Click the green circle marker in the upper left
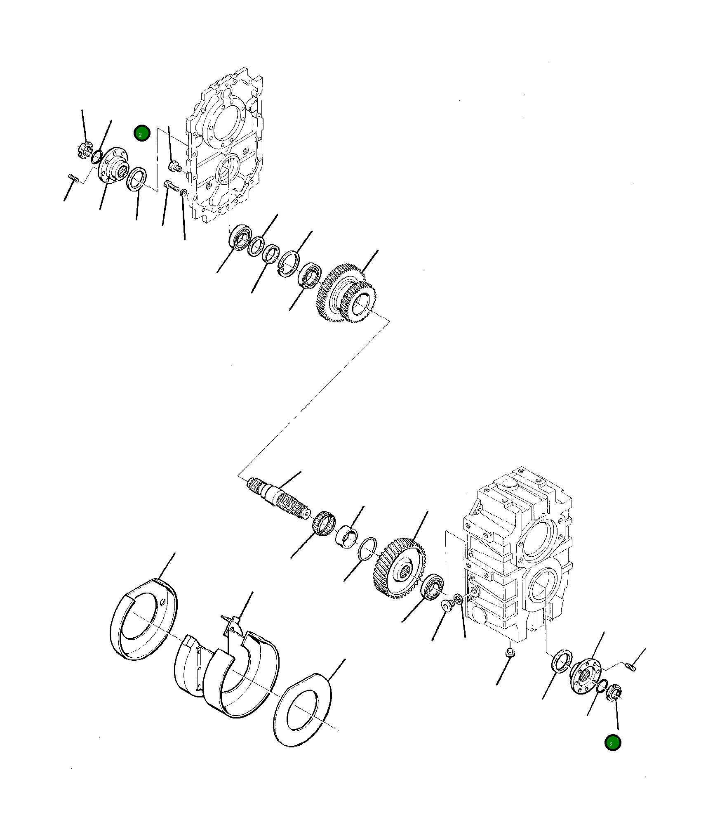[142, 133]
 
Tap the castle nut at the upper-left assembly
[85, 149]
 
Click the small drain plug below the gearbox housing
[510, 652]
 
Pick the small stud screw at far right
[630, 666]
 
